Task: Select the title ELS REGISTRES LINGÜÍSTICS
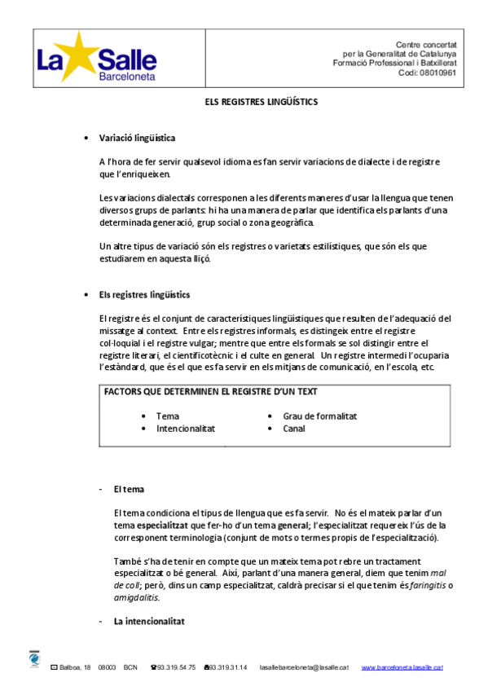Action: click(x=260, y=103)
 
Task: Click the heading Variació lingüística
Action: click(x=137, y=138)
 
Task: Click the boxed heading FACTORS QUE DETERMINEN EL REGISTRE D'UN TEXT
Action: click(x=209, y=392)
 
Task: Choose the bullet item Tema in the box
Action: click(x=168, y=416)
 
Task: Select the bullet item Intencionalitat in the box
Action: click(x=185, y=428)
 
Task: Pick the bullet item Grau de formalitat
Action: click(x=319, y=416)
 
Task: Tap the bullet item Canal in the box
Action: click(x=294, y=428)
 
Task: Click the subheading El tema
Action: click(x=129, y=489)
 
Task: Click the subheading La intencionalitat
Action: click(x=149, y=621)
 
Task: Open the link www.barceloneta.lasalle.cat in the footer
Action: click(x=402, y=667)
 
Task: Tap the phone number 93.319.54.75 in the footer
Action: click(x=175, y=667)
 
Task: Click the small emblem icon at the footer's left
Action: click(x=34, y=659)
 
